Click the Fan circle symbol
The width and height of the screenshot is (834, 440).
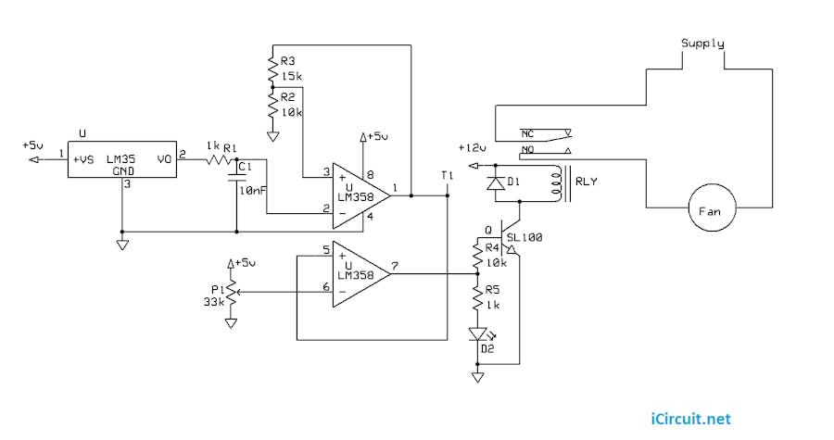tap(710, 211)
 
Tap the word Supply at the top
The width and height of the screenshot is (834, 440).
tap(702, 44)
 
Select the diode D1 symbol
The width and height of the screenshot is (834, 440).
tap(497, 183)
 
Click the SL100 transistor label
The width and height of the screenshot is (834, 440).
tap(524, 237)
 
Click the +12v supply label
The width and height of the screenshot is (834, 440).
tap(471, 147)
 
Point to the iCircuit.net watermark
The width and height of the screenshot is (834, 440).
tap(689, 419)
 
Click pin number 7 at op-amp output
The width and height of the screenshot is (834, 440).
tap(395, 268)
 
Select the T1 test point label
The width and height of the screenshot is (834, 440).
tap(448, 175)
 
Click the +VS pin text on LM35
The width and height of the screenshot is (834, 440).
tap(83, 159)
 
